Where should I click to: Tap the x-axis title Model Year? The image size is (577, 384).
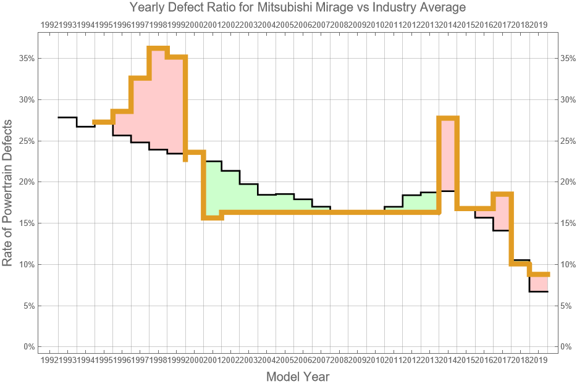[x=297, y=376]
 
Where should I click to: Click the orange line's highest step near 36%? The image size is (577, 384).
[x=158, y=48]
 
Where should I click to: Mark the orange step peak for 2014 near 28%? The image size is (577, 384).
[x=448, y=118]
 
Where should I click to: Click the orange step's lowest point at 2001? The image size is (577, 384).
[x=213, y=217]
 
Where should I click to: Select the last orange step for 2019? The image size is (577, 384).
[x=539, y=274]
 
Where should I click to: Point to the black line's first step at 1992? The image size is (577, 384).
[x=67, y=117]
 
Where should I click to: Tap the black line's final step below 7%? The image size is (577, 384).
[x=539, y=291]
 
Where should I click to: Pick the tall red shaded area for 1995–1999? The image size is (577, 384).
[x=158, y=105]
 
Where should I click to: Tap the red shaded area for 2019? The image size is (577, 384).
[x=539, y=283]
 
